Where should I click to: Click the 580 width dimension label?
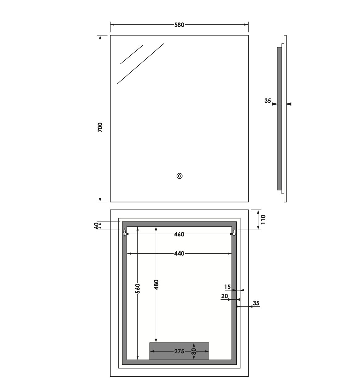click(179, 25)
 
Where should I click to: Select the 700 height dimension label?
click(100, 127)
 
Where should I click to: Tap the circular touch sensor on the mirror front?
click(179, 176)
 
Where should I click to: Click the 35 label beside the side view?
click(268, 101)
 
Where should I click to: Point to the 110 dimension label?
click(263, 219)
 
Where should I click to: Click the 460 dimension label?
click(179, 234)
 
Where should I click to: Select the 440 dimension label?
click(179, 253)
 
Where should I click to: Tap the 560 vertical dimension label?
click(137, 289)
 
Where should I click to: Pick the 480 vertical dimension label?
click(156, 285)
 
